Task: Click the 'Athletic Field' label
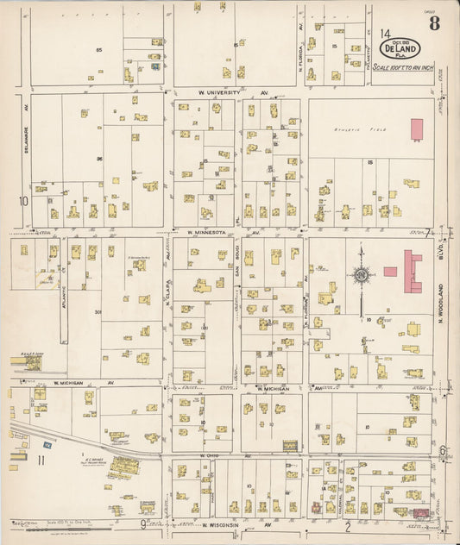[x=349, y=129]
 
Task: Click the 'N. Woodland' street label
[x=439, y=302]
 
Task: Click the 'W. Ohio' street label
[x=211, y=455]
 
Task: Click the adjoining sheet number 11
[x=40, y=461]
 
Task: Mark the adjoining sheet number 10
[x=24, y=201]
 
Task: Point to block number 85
[x=98, y=50]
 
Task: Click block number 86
[x=99, y=159]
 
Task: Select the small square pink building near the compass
[x=390, y=271]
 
